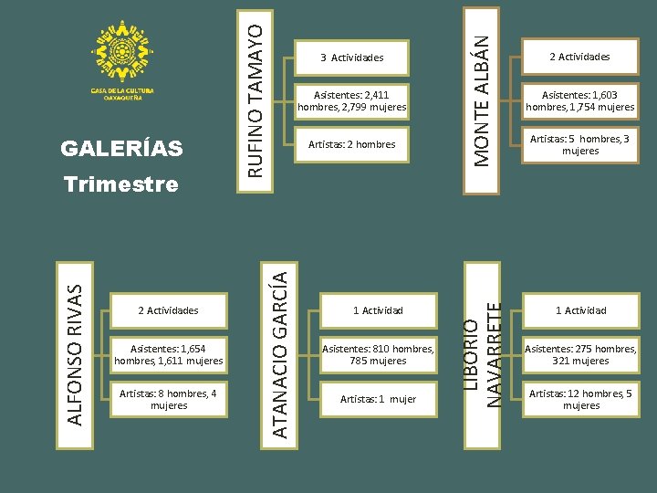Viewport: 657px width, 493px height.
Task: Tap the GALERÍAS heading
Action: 120,148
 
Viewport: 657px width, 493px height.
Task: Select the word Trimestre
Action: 120,184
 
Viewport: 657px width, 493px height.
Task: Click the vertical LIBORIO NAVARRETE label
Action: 482,351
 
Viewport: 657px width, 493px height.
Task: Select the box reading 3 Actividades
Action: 351,58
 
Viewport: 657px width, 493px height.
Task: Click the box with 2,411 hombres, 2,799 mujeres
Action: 351,100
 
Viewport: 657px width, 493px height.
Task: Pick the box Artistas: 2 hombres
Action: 351,144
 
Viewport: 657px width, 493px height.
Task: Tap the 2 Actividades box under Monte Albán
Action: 579,57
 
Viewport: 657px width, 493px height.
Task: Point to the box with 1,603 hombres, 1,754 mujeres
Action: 579,100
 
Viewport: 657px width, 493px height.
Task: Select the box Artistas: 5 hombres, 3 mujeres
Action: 579,144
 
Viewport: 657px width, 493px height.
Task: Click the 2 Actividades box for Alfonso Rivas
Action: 169,310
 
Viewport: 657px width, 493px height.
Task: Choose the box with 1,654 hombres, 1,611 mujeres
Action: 169,355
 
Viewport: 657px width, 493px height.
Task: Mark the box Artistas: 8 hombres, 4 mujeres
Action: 169,399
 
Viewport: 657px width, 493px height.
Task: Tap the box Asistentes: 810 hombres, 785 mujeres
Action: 378,355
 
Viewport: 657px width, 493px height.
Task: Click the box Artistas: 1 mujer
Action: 378,399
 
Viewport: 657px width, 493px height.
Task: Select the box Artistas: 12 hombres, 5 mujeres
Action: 581,399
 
